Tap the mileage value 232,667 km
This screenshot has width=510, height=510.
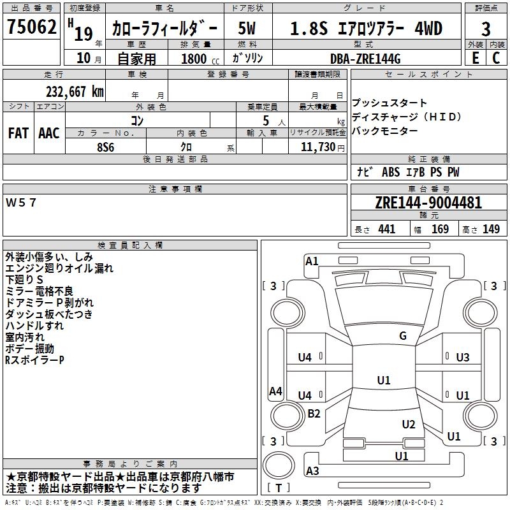pyautogui.click(x=75, y=91)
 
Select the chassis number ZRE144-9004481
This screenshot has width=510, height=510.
pyautogui.click(x=428, y=203)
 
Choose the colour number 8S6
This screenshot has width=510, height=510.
pyautogui.click(x=105, y=147)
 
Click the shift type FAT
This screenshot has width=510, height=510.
pyautogui.click(x=18, y=133)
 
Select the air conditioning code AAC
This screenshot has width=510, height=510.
pyautogui.click(x=49, y=133)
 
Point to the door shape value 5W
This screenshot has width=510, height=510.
pyautogui.click(x=247, y=29)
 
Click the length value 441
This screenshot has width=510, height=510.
pyautogui.click(x=386, y=229)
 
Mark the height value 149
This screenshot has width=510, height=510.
pyautogui.click(x=491, y=229)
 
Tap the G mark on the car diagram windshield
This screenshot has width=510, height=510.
pyautogui.click(x=402, y=336)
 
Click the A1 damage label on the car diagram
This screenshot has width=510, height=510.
pyautogui.click(x=312, y=261)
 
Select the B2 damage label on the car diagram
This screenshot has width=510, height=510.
pyautogui.click(x=314, y=414)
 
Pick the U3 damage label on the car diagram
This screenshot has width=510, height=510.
pyautogui.click(x=463, y=357)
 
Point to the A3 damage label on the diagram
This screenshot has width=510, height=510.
pyautogui.click(x=312, y=471)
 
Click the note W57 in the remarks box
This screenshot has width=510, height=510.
pyautogui.click(x=22, y=203)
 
